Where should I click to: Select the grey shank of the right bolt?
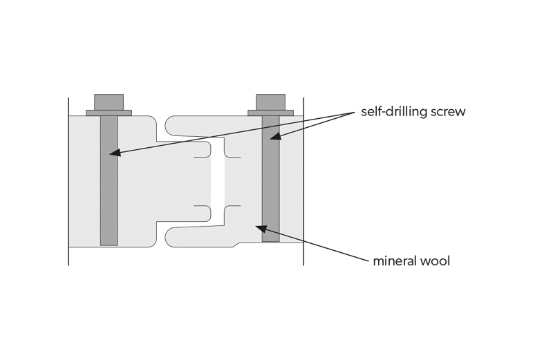tap(271, 180)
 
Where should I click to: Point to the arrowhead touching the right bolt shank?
tap(274, 137)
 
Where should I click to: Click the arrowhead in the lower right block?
tap(259, 226)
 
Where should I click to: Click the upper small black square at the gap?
tap(218, 147)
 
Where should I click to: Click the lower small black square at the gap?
tap(218, 215)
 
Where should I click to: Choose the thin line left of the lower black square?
tap(203, 205)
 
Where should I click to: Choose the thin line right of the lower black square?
tap(233, 205)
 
